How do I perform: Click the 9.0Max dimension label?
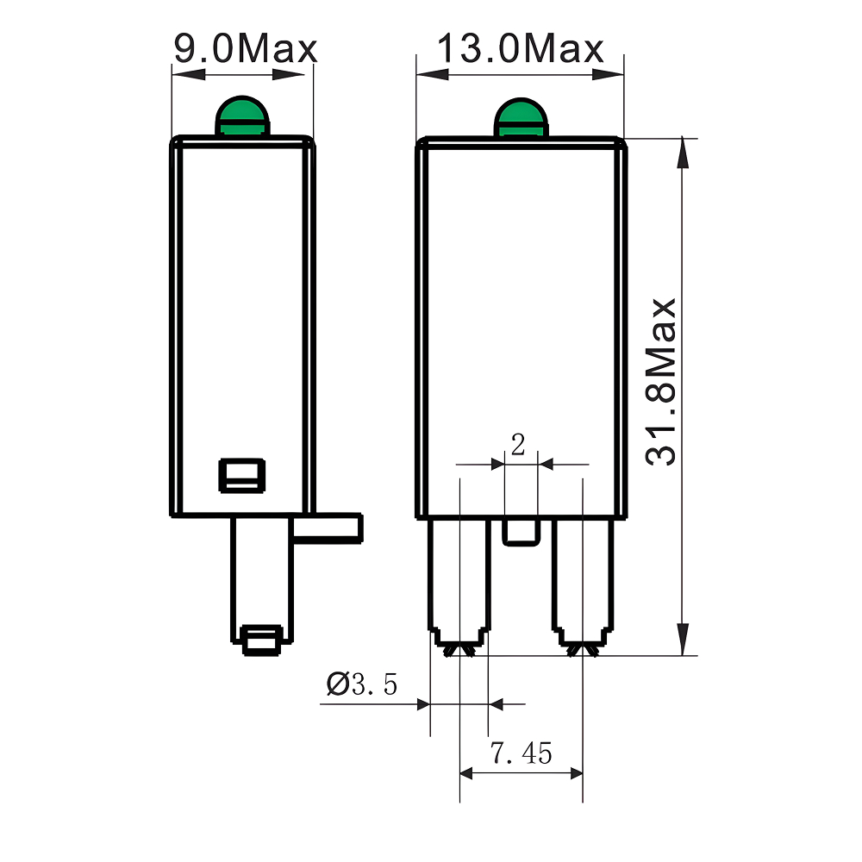(245, 48)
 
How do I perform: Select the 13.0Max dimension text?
(520, 48)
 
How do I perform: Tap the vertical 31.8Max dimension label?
(663, 382)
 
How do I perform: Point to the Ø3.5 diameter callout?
(362, 684)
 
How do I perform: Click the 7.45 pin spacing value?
(521, 753)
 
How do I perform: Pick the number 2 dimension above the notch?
(518, 445)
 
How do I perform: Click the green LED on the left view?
(242, 117)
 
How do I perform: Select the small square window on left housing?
(241, 474)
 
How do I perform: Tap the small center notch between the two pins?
(521, 532)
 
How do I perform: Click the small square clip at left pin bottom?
(260, 641)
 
